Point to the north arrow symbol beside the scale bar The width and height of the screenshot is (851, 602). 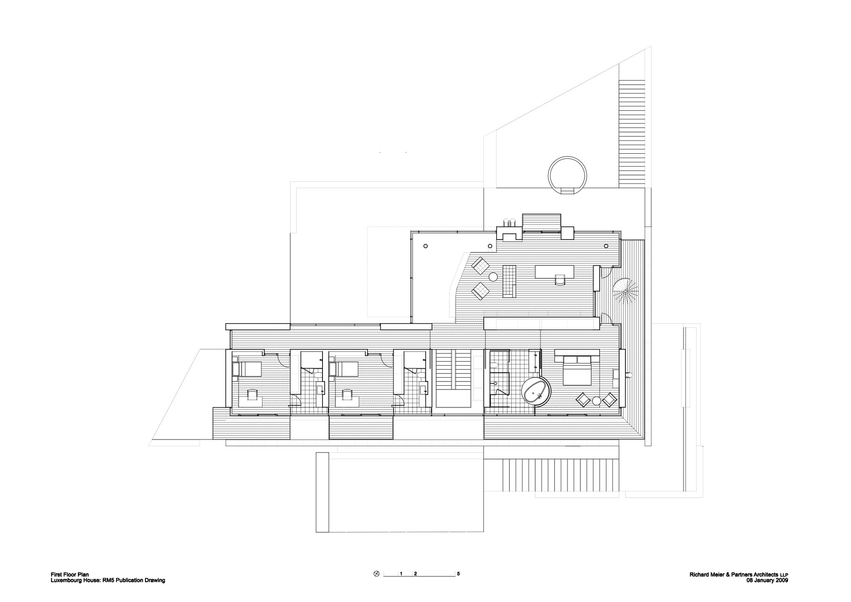376,573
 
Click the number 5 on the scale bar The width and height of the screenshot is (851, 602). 458,573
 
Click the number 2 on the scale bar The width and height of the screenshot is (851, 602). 415,573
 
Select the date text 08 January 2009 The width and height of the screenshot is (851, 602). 767,580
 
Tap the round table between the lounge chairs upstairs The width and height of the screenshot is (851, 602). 493,277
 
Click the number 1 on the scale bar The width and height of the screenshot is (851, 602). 401,573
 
